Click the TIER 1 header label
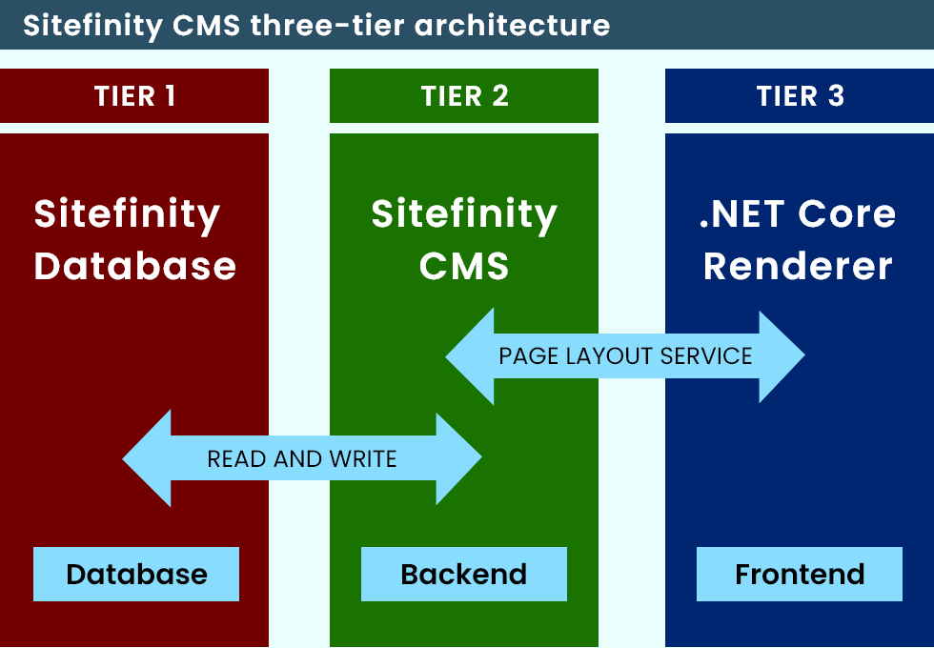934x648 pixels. click(x=134, y=96)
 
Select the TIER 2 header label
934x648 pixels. click(x=464, y=96)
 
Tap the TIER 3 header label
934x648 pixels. click(x=800, y=96)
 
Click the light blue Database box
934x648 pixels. click(x=136, y=575)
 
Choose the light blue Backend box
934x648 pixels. click(x=463, y=575)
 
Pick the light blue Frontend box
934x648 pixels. click(x=800, y=575)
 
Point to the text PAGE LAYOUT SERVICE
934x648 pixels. click(x=625, y=356)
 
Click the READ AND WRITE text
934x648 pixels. click(x=301, y=459)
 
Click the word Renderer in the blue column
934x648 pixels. click(x=798, y=266)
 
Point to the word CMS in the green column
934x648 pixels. click(x=464, y=266)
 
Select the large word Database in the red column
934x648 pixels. click(x=135, y=266)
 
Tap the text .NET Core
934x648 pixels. click(x=798, y=214)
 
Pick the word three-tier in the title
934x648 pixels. click(x=327, y=25)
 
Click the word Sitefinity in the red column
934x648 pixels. click(x=127, y=214)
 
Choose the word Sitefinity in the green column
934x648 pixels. click(x=464, y=214)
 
